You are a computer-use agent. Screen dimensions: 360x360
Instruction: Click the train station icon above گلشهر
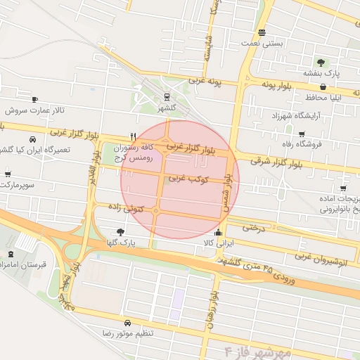click(167, 97)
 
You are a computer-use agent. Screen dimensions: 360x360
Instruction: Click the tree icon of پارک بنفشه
click(321, 62)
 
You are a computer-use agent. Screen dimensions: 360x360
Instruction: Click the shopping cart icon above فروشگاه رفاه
click(302, 134)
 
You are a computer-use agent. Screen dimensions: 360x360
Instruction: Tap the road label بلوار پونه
click(276, 86)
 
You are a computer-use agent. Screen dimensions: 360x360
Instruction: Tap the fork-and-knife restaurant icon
click(133, 136)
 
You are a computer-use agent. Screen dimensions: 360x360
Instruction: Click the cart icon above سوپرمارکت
click(8, 174)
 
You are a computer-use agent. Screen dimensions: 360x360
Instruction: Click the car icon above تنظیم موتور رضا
click(127, 323)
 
